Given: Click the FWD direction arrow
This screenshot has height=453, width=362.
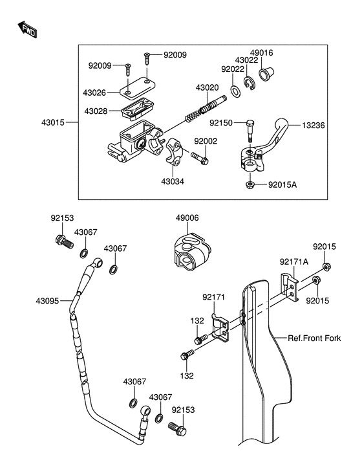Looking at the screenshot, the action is pyautogui.click(x=27, y=29).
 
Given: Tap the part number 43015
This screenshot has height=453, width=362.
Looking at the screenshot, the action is pyautogui.click(x=53, y=122).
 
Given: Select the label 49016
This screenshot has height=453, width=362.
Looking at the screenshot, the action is pyautogui.click(x=261, y=53).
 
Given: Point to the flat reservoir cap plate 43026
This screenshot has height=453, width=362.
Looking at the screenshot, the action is pyautogui.click(x=138, y=87).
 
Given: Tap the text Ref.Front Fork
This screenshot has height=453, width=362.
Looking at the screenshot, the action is pyautogui.click(x=314, y=338).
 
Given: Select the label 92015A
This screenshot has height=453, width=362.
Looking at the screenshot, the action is pyautogui.click(x=282, y=184).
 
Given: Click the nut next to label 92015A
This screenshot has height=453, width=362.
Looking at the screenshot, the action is pyautogui.click(x=250, y=184).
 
